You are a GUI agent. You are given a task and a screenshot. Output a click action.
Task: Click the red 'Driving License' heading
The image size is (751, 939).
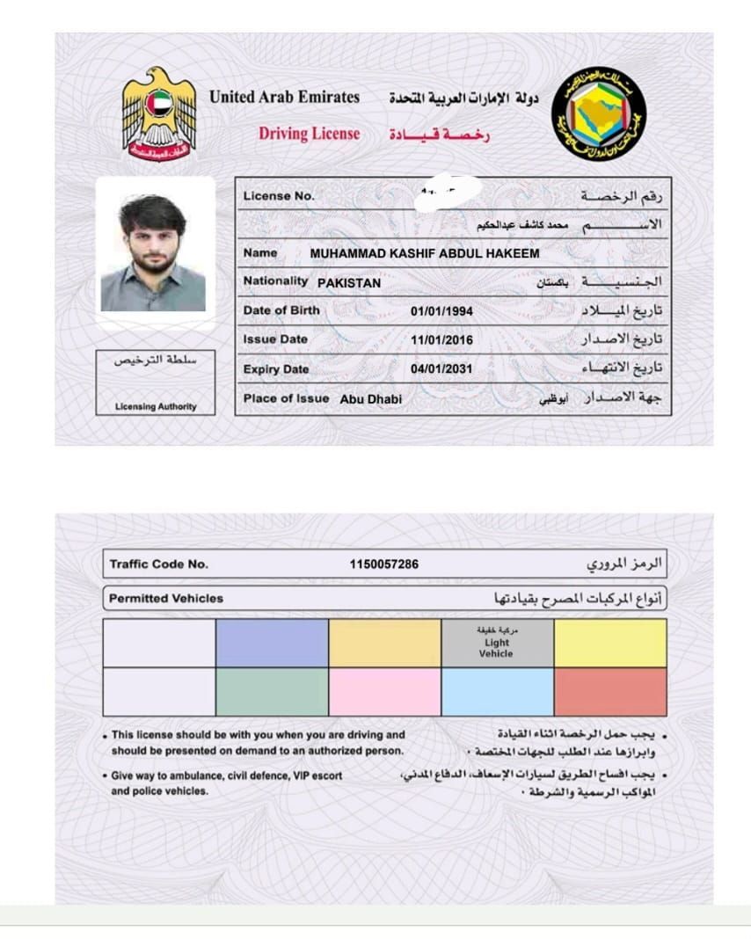pos(309,134)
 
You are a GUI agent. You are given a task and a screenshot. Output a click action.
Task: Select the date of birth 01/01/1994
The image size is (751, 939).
pos(441,310)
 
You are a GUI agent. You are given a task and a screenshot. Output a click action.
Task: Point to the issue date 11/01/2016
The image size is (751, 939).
pos(441,339)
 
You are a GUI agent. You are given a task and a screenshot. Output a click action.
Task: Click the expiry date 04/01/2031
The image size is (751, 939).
pos(441,369)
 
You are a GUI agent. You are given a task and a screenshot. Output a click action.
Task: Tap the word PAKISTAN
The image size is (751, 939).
pos(349,283)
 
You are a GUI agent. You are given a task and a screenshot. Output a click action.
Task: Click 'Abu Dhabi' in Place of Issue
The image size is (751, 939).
pos(370,399)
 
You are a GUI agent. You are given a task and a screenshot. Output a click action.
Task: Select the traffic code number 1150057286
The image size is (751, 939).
pos(384,564)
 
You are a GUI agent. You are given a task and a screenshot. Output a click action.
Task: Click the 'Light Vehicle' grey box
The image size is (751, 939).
pos(497,643)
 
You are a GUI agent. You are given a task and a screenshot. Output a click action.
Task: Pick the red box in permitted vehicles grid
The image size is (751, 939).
pos(610,692)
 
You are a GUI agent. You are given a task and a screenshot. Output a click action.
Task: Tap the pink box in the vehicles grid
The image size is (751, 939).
pos(384,692)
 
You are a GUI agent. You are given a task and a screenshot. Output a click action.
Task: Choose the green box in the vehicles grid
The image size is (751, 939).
pos(272,692)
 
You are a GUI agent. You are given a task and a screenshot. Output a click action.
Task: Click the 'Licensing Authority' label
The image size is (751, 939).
pos(156,407)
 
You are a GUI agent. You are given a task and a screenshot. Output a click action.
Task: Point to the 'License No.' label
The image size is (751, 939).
pos(279,196)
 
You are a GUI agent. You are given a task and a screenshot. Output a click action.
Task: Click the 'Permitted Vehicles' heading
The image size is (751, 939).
pos(166,599)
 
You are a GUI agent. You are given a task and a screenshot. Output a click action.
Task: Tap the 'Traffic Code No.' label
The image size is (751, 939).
pos(159,564)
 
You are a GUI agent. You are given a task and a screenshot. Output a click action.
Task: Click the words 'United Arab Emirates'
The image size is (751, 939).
pos(284,98)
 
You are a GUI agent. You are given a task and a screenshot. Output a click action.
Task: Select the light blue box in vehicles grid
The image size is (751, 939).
pos(497,692)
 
